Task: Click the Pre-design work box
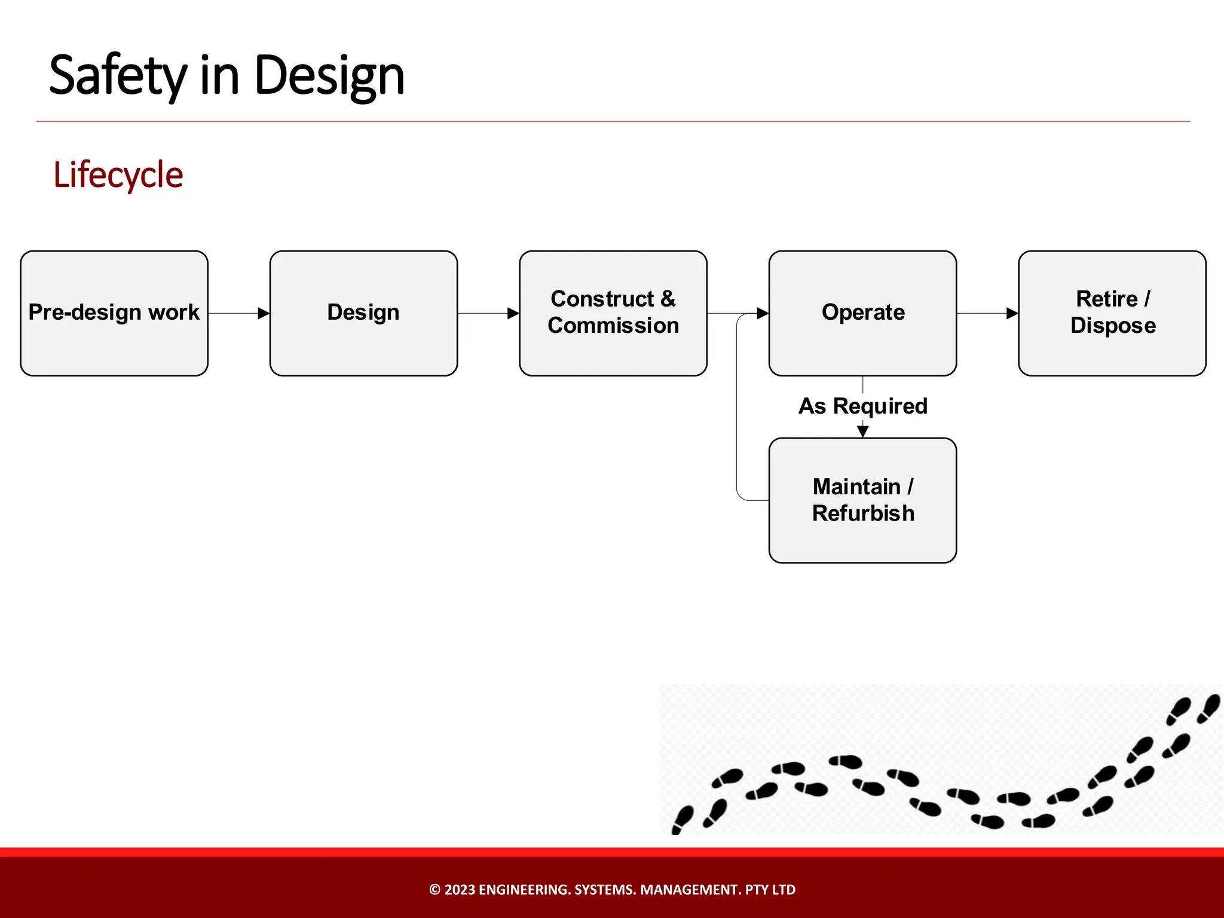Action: [114, 313]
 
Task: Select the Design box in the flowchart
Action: [363, 313]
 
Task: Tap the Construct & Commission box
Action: [613, 313]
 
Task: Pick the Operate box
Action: [862, 313]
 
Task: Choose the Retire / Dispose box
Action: [1112, 313]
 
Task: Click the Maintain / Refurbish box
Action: [862, 500]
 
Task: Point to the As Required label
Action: [862, 406]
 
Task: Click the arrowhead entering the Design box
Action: [264, 313]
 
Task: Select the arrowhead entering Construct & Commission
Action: [513, 313]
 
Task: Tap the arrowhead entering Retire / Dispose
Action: [1012, 313]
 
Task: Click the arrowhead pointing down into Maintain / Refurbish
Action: [862, 431]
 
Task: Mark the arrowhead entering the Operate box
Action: [763, 313]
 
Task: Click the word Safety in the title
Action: [118, 76]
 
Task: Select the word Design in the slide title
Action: [329, 76]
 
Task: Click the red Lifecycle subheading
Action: [118, 175]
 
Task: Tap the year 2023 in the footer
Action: [460, 890]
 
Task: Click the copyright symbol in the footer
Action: [435, 890]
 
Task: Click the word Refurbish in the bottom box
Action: [862, 513]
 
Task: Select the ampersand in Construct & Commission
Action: [668, 299]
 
